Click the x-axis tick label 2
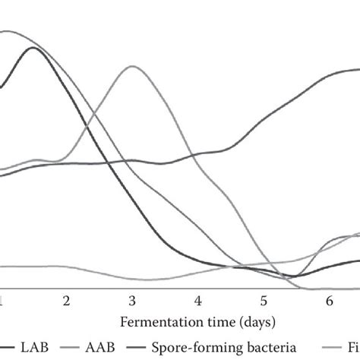coord(66,302)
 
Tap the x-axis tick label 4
coord(197,302)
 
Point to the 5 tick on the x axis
coord(263,302)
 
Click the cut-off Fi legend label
coord(352,347)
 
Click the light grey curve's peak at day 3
coord(132,66)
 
